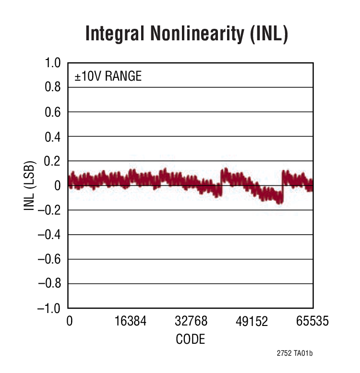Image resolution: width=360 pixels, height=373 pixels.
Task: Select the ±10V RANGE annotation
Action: [x=108, y=76]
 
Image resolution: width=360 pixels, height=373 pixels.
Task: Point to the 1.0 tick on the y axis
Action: [x=53, y=63]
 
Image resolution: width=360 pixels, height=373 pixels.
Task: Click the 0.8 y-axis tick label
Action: [x=53, y=87]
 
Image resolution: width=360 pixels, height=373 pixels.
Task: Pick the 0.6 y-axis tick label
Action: [x=53, y=112]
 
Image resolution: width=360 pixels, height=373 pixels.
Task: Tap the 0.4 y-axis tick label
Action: [x=53, y=136]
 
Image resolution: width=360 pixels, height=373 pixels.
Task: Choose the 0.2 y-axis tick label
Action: [x=53, y=161]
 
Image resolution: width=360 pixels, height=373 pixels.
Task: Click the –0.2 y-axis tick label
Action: [x=49, y=210]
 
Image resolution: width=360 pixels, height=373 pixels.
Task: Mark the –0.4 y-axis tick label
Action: [x=49, y=234]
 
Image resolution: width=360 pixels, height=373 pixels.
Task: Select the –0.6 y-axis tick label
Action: [x=49, y=259]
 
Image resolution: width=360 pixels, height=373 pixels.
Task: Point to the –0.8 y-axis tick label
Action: [x=49, y=283]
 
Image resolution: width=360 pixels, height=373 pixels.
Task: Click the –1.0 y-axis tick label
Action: [x=49, y=308]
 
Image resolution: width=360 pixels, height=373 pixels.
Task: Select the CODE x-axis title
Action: [x=191, y=339]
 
